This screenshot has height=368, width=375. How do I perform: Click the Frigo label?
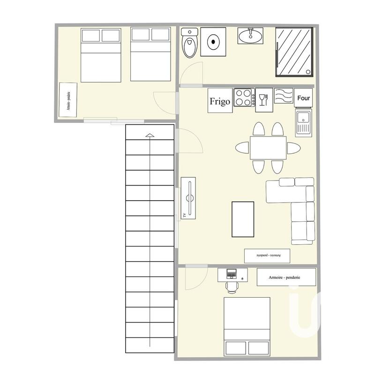coord(220,101)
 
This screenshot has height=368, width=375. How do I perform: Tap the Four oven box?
coord(304,98)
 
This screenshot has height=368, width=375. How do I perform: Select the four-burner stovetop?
coord(244,98)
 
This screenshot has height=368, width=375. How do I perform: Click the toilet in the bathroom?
coord(190,43)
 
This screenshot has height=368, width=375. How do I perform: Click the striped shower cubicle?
coord(294,52)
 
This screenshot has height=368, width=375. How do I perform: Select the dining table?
coord(268,148)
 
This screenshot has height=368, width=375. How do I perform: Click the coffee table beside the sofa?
coord(243,219)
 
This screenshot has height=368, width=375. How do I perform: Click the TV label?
coord(184,215)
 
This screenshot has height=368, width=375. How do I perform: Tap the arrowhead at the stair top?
coord(150,136)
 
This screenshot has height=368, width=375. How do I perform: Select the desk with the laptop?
coord(232,275)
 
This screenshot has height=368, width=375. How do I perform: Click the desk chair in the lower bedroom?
coord(232,285)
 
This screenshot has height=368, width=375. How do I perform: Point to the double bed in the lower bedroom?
coord(247,326)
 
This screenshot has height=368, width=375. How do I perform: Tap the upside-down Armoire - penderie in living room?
coord(267,255)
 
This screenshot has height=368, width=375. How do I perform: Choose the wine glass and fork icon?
coord(263,99)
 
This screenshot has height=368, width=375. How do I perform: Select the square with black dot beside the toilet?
coord(214,42)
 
